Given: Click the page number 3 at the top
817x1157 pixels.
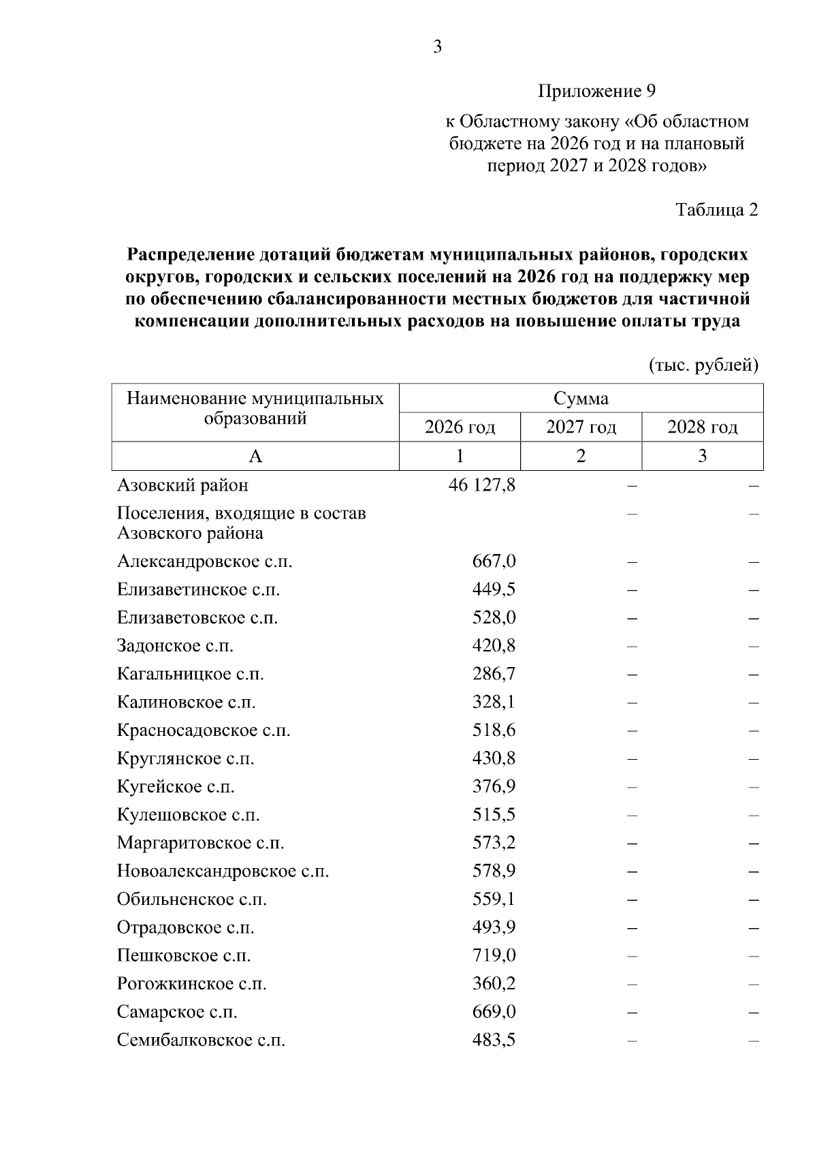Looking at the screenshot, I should click(437, 46).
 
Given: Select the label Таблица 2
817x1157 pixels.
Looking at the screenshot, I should click(716, 210).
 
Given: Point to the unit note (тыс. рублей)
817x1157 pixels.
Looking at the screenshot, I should click(703, 365).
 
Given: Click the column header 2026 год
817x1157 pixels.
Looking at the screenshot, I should click(460, 427).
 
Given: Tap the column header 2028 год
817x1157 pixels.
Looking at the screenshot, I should click(702, 427).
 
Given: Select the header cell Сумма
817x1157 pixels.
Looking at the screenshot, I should click(581, 399).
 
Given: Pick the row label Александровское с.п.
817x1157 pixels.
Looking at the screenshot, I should click(204, 561).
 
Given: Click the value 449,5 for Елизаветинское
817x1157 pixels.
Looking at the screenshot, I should click(494, 589).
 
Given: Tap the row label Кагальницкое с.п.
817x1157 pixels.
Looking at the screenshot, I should click(190, 674).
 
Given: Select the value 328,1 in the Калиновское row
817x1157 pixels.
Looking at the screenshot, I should click(494, 702).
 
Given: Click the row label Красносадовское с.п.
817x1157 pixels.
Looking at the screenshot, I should click(204, 730).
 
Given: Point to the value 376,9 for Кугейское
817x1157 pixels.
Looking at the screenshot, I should click(494, 786).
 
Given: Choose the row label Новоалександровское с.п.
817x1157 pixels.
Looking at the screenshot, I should click(223, 871).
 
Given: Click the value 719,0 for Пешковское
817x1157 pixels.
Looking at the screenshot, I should click(494, 955).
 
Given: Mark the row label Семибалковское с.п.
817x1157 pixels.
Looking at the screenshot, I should click(201, 1040).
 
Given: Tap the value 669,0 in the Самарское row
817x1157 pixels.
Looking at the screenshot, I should click(494, 1012).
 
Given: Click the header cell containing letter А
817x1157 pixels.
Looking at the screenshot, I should click(255, 456).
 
